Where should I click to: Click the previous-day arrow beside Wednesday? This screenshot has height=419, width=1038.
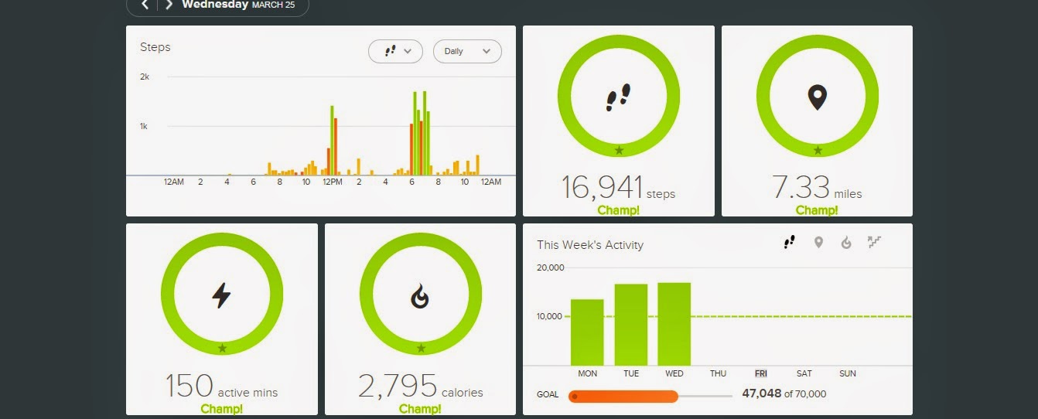point(145,5)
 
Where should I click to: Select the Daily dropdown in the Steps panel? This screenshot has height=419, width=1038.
point(467,51)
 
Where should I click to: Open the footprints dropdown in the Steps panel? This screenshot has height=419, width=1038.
point(395,51)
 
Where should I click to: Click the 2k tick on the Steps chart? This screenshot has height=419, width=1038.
point(145,77)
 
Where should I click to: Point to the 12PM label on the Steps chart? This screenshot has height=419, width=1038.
point(332,182)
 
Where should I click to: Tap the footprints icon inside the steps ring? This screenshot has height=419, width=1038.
point(618,97)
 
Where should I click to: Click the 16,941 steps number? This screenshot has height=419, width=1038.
point(602,187)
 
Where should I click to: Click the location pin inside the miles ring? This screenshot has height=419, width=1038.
point(817,97)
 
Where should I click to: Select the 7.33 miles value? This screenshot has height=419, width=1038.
point(801,187)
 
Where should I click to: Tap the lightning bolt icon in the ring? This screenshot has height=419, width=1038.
point(221,295)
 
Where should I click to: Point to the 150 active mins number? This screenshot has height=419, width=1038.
point(190,385)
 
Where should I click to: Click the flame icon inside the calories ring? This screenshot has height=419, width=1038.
point(420,296)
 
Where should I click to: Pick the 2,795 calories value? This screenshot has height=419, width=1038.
point(398,385)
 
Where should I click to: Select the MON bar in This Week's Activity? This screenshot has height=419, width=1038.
point(587,332)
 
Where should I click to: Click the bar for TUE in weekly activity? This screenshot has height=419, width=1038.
point(631,325)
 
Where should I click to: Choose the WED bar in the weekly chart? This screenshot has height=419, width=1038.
point(674,324)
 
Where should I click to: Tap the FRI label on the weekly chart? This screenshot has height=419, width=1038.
point(761,373)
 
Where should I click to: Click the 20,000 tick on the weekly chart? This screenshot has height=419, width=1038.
point(551,267)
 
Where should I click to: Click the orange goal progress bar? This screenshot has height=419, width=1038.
point(623,397)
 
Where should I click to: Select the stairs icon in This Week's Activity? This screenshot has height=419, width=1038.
point(874,243)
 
